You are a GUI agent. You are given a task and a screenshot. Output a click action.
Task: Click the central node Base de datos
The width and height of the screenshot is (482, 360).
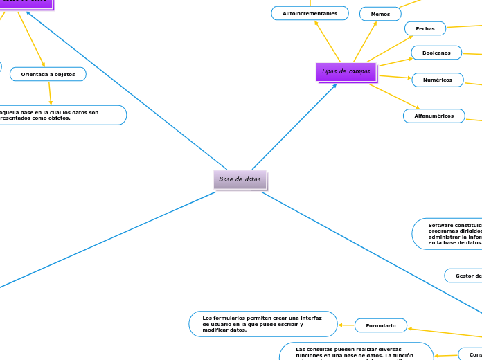click(x=240, y=179)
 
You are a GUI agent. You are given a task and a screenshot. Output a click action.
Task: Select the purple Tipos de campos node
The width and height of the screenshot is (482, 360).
click(x=346, y=71)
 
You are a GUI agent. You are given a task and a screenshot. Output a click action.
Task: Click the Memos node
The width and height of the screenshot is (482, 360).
click(x=380, y=14)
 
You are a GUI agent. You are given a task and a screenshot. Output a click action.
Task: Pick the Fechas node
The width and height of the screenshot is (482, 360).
click(x=425, y=28)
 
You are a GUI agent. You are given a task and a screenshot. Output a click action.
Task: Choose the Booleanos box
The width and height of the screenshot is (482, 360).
click(x=436, y=53)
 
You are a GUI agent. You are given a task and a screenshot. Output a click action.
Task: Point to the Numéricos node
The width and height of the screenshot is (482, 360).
click(x=438, y=80)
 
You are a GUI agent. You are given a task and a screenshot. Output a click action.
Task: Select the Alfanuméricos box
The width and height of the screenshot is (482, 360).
click(x=434, y=116)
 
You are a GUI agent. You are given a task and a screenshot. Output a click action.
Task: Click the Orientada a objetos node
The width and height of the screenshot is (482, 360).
click(x=48, y=73)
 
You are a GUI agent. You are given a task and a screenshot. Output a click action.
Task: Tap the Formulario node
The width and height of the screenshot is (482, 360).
click(x=380, y=325)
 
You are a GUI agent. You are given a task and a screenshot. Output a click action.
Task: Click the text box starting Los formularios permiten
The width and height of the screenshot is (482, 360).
click(x=262, y=324)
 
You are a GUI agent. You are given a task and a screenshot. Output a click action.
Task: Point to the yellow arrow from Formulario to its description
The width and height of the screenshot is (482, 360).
click(x=346, y=325)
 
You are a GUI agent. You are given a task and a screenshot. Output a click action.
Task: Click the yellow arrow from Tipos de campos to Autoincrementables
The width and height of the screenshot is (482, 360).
click(x=327, y=41)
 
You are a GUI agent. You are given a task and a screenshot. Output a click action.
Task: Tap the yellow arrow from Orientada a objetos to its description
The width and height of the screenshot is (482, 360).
click(x=50, y=93)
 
